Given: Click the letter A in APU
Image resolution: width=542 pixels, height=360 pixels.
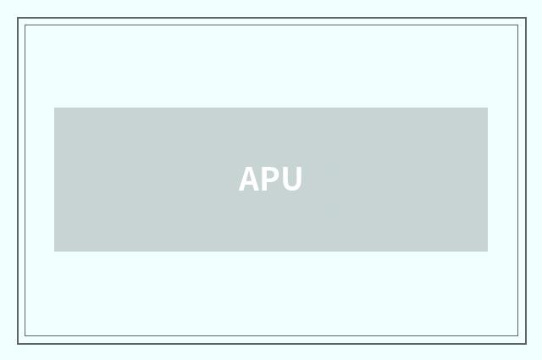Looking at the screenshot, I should [248, 180].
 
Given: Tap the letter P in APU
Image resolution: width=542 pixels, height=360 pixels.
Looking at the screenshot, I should [270, 180].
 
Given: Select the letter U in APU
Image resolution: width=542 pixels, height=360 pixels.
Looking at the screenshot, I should [291, 180].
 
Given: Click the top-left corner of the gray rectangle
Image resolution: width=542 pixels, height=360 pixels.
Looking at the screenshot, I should [54, 108].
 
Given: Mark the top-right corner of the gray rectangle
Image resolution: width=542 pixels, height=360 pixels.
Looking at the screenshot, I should [487, 108].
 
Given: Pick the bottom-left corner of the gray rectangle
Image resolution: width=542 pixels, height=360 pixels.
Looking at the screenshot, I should [54, 251].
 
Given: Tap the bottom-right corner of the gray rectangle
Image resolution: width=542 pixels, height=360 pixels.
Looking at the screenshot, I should [487, 251].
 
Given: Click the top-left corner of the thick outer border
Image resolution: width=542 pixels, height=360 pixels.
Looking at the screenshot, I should [18, 19].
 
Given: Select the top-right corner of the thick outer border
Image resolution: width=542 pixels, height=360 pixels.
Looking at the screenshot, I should [525, 19].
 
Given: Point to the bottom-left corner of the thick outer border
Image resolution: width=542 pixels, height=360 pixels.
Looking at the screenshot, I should [18, 343].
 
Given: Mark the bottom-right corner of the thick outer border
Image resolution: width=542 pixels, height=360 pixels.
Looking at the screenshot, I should [525, 343].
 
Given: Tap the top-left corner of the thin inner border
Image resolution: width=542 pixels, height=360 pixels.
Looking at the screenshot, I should [25, 25].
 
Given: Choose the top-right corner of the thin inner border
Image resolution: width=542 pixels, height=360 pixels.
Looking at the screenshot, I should [517, 25].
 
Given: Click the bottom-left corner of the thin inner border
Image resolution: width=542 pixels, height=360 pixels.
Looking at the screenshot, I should [25, 336].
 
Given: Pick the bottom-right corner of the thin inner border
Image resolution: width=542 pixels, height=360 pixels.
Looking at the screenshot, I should [517, 336].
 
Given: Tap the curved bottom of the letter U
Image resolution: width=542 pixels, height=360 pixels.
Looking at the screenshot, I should [291, 191].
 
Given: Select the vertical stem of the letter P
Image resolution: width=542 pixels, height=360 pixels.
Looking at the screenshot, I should [265, 180].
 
